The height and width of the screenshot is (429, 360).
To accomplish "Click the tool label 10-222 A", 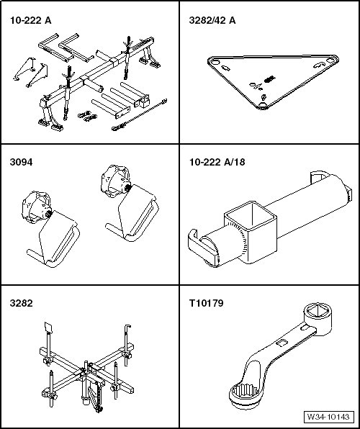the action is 31,21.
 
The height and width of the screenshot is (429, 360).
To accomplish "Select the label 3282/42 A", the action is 212,21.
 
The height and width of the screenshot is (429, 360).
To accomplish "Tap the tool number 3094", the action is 21,162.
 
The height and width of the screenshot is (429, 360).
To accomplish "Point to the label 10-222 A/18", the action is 217,162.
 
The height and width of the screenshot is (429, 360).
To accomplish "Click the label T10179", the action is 207,303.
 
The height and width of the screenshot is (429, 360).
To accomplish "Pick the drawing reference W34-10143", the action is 328,417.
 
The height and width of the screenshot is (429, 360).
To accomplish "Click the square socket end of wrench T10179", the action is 318,317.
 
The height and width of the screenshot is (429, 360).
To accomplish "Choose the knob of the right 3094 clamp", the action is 115,181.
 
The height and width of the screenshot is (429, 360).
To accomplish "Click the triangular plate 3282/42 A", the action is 271,79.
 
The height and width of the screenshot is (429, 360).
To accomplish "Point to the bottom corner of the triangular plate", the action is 262,107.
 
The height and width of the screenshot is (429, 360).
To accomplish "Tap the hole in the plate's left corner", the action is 215,62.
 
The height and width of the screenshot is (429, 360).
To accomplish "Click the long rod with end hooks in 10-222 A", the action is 140,115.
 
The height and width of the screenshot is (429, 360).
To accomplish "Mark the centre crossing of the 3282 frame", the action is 86,370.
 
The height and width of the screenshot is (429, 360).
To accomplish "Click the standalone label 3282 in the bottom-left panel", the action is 21,303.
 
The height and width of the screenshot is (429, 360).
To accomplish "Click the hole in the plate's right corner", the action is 332,59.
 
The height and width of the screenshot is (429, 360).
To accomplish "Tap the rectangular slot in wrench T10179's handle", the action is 282,343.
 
